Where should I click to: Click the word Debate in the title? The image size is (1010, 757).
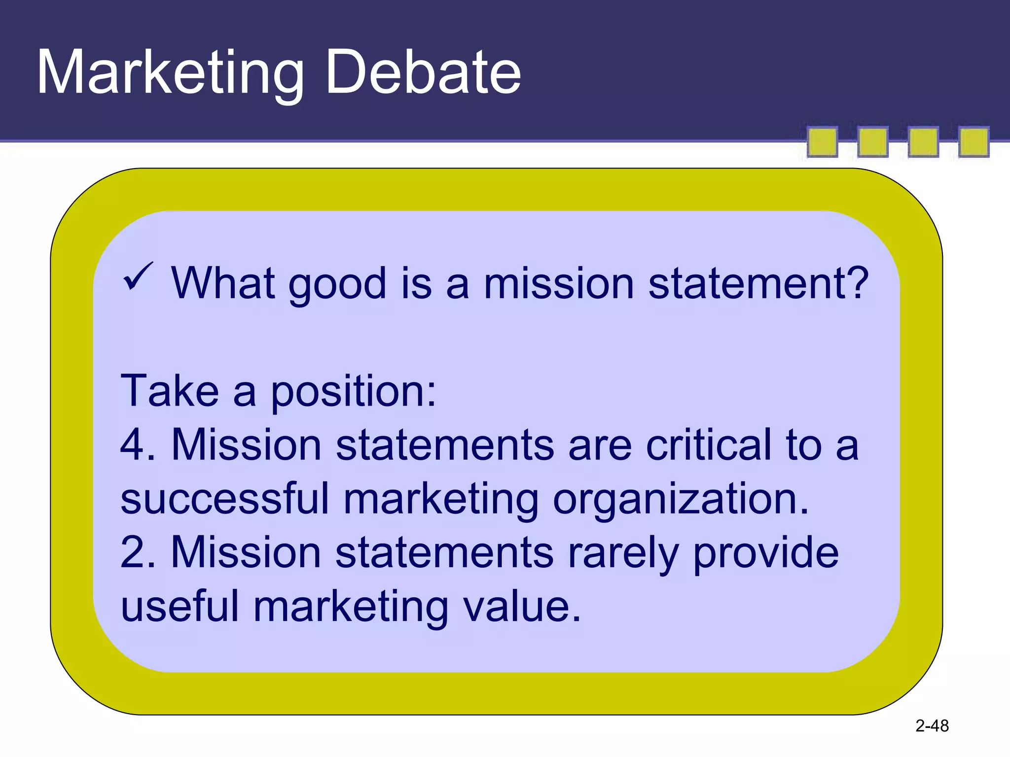(423, 73)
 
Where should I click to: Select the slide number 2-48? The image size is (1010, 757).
(932, 726)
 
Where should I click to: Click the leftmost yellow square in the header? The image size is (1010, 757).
(822, 142)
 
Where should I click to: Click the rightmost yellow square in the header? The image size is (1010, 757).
(974, 142)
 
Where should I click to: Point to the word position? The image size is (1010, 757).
(353, 392)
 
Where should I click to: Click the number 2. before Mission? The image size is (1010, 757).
(138, 552)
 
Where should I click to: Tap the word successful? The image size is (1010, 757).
(225, 499)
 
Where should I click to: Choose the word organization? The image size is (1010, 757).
(681, 500)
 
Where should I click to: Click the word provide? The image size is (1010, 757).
(765, 553)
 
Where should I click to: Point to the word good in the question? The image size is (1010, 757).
(337, 285)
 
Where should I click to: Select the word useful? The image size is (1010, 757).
(180, 607)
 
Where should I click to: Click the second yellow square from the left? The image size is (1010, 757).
(872, 142)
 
